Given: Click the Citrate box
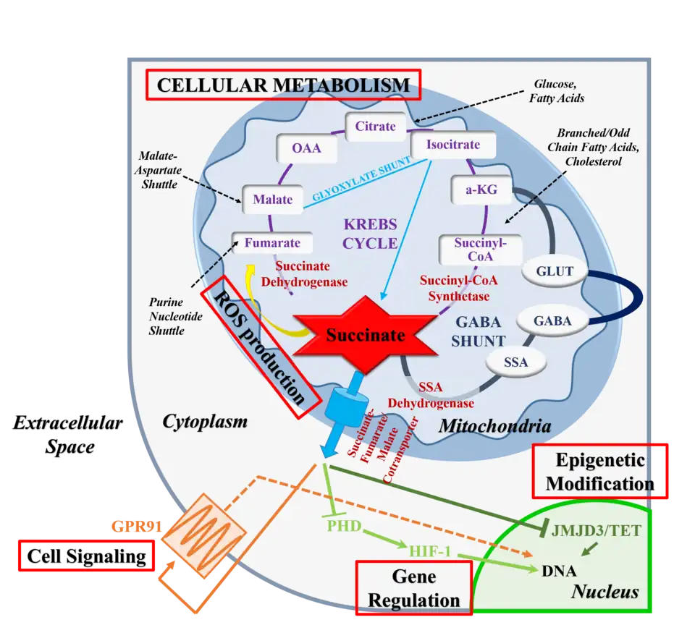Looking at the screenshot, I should pos(375,127).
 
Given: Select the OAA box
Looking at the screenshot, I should pos(306,150).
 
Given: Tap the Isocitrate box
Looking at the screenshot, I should pos(452,144).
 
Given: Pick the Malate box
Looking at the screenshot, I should pos(272,199).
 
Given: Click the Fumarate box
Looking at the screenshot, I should pos(272,243).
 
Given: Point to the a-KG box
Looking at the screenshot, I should pos(481,188).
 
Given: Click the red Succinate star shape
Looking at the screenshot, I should pos(365,334).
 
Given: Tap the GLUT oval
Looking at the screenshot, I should pos(555,272).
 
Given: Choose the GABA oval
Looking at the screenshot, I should pos(552,321).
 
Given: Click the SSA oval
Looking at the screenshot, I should pos(515,362).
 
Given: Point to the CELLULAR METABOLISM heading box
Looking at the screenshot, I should pos(283,85).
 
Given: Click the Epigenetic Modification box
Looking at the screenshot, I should pos(599,471).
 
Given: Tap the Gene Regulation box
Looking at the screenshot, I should pos(413,587).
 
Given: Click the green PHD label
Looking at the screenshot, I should pos(344,524).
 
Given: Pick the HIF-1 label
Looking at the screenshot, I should pos(429,552).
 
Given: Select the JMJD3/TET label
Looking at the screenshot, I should pos(596,530).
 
